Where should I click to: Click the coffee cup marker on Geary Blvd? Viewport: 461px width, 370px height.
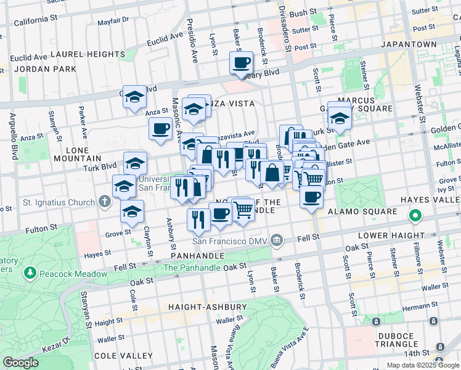[x=241, y=63]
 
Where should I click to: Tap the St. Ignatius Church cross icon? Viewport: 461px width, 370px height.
[x=105, y=202]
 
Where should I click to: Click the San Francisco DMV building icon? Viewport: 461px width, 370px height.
[x=277, y=239]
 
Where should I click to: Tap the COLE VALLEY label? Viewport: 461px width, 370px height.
[x=129, y=356]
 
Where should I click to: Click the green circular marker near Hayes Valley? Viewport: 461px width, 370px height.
[x=415, y=216]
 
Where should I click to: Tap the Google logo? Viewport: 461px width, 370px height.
[x=21, y=363]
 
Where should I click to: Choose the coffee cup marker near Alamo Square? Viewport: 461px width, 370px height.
[x=312, y=197]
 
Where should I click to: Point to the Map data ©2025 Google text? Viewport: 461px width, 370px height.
[x=423, y=364]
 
